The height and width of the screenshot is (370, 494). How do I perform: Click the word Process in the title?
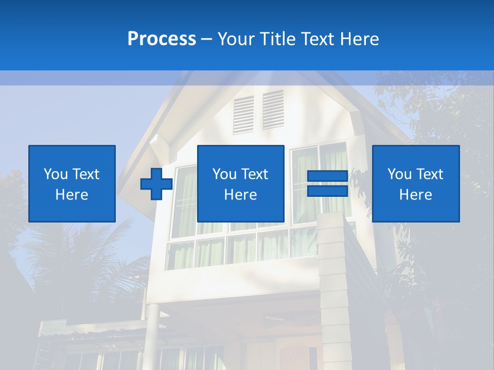(162, 39)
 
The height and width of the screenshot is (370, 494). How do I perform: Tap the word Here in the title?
(358, 39)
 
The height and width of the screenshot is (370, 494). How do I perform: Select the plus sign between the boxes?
(156, 184)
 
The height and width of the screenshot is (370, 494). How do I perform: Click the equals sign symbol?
(327, 183)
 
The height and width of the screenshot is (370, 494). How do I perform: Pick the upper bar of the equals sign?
(327, 176)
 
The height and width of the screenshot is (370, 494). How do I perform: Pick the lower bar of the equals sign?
(327, 191)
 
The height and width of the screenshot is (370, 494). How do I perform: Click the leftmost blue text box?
(72, 183)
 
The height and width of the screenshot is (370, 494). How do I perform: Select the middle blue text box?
(241, 183)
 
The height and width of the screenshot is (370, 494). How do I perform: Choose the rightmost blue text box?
(416, 183)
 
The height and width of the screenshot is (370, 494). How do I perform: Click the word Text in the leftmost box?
(86, 174)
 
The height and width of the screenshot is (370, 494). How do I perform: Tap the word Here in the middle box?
(241, 195)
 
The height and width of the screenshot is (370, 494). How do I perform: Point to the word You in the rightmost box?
(399, 174)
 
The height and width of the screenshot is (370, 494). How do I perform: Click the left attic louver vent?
(243, 114)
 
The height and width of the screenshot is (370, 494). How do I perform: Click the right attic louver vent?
(273, 109)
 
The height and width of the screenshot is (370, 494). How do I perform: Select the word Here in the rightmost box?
(416, 195)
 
